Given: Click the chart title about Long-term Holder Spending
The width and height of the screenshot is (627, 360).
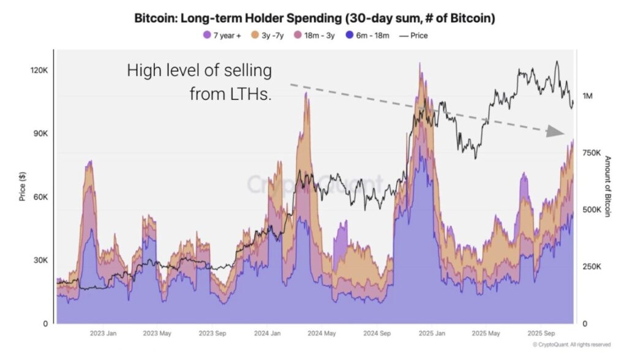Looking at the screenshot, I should [315, 18].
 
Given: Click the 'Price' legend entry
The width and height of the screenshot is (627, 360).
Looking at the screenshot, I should [413, 36].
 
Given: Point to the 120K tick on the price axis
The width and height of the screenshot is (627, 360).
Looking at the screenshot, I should [39, 70].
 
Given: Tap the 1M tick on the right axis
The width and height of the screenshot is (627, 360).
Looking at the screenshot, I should [587, 96].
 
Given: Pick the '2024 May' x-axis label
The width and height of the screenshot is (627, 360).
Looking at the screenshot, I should [321, 334].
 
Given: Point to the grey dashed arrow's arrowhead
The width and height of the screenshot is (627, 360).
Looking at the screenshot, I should [555, 132].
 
